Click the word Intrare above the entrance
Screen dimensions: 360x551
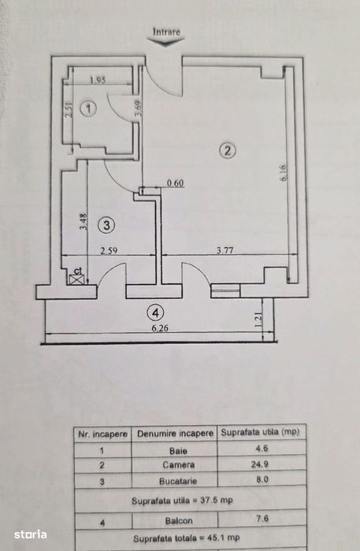pyautogui.click(x=166, y=32)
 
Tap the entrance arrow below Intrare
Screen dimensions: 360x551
pyautogui.click(x=165, y=42)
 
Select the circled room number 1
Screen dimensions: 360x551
pyautogui.click(x=88, y=109)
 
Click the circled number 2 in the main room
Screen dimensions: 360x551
pyautogui.click(x=228, y=151)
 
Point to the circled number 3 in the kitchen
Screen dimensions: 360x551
pyautogui.click(x=106, y=224)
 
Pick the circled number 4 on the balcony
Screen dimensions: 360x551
pyautogui.click(x=156, y=312)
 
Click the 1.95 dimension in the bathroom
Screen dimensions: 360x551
pyautogui.click(x=98, y=80)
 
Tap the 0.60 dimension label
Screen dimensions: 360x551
pyautogui.click(x=175, y=183)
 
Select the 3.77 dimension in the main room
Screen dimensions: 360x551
pyautogui.click(x=225, y=250)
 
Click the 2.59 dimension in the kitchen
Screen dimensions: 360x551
pyautogui.click(x=109, y=250)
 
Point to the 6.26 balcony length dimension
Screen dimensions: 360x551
pyautogui.click(x=160, y=328)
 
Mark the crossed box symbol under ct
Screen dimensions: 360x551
pyautogui.click(x=78, y=279)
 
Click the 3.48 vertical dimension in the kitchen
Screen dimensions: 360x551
pyautogui.click(x=84, y=222)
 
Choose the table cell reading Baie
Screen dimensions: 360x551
pyautogui.click(x=178, y=451)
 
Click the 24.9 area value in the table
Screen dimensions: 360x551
pyautogui.click(x=260, y=464)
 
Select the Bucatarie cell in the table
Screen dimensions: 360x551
pyautogui.click(x=178, y=481)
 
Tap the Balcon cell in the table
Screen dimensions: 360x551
pyautogui.click(x=179, y=521)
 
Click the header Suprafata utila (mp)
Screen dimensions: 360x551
pyautogui.click(x=260, y=432)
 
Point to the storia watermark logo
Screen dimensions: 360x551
pyautogui.click(x=30, y=534)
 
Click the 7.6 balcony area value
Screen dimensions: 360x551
pyautogui.click(x=262, y=518)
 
